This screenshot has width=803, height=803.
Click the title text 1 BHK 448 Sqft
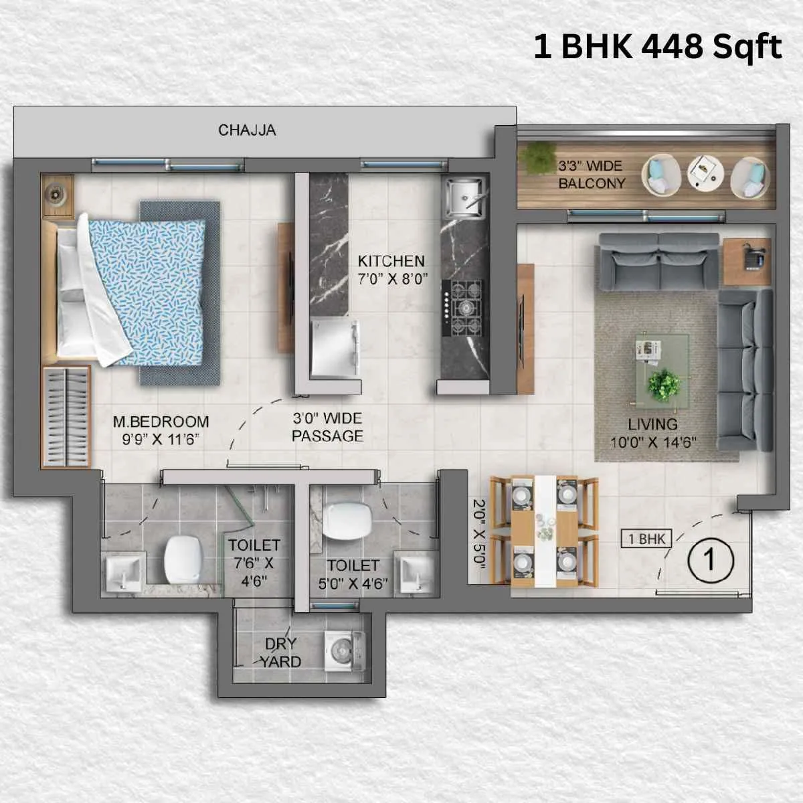tap(657, 48)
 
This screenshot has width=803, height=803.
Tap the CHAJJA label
tap(247, 130)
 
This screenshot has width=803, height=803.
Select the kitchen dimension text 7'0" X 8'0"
tap(391, 278)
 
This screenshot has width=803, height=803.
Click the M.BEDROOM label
tap(161, 422)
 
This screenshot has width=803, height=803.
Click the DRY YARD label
tap(280, 652)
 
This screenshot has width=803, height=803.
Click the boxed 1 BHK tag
tap(646, 539)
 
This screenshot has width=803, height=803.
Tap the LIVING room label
tap(652, 424)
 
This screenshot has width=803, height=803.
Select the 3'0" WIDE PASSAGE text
tap(327, 427)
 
